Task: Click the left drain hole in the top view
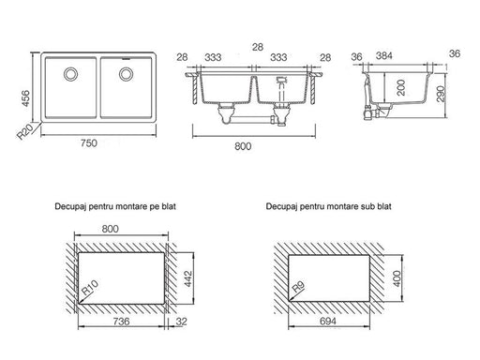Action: (x=71, y=74)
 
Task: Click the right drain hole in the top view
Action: (x=127, y=74)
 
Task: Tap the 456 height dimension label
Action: (x=25, y=98)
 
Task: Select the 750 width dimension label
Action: (x=89, y=143)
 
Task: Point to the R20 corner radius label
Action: (x=25, y=131)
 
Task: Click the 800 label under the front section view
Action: (x=243, y=146)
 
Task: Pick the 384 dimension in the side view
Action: (x=383, y=55)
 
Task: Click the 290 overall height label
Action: (x=440, y=94)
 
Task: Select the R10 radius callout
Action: (x=90, y=288)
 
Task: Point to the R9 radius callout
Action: (x=299, y=287)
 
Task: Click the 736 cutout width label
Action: (x=121, y=322)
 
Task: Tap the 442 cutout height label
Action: (x=187, y=278)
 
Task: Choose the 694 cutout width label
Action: (x=328, y=321)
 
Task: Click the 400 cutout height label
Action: (x=397, y=278)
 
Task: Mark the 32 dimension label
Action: (x=182, y=322)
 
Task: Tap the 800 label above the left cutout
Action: (x=111, y=229)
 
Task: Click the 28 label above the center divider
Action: (x=258, y=47)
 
